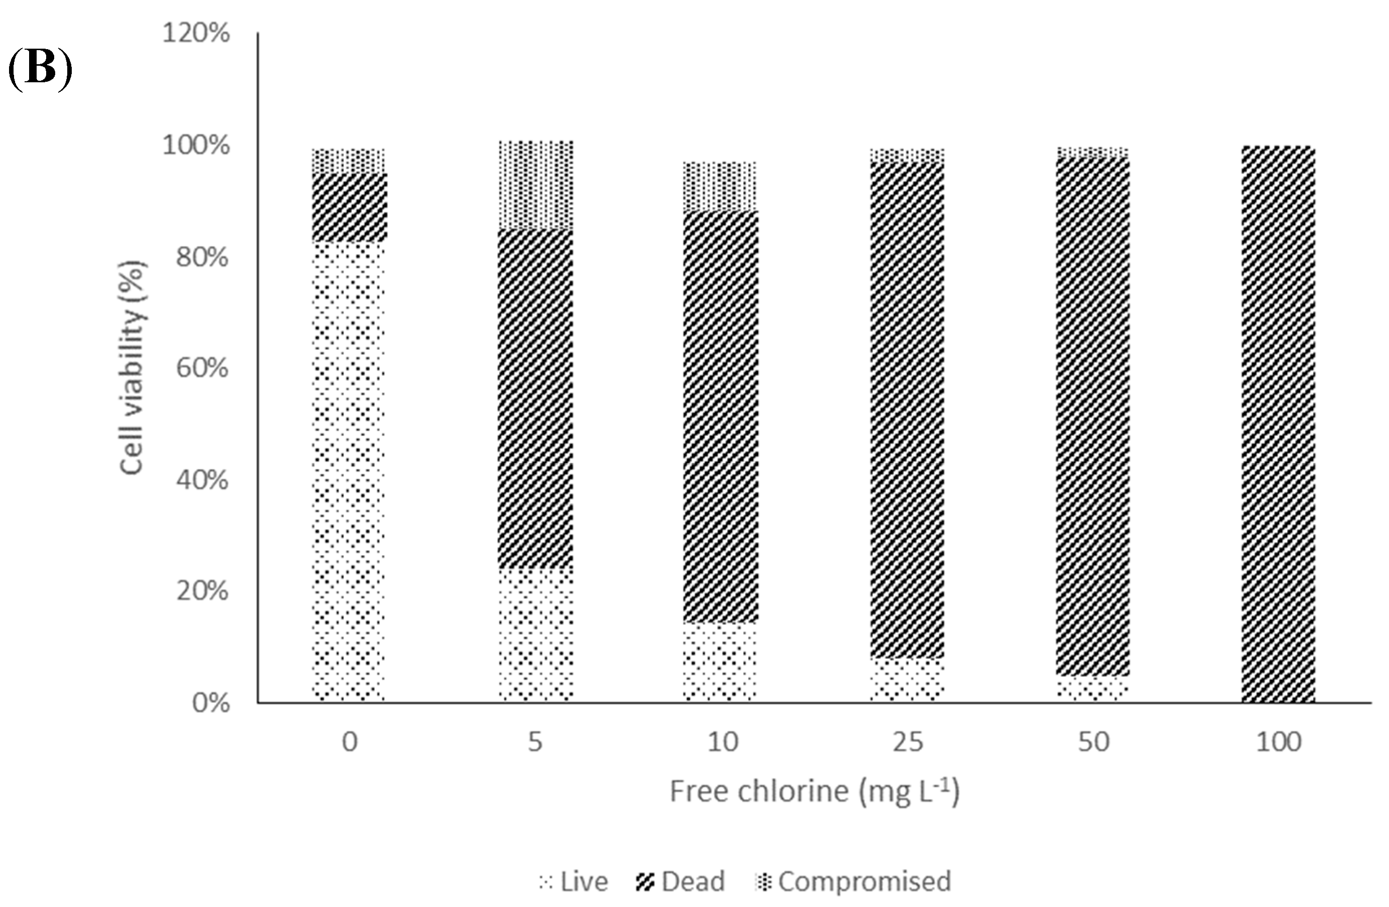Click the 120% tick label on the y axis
(x=196, y=34)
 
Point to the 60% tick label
(x=201, y=369)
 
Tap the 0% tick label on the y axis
(x=210, y=703)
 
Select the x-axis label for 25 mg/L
(x=908, y=742)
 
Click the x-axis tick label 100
(x=1279, y=742)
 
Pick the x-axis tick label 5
(x=534, y=742)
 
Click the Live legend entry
(x=575, y=881)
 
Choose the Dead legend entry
(x=680, y=881)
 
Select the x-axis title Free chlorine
(x=814, y=792)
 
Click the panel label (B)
(x=40, y=70)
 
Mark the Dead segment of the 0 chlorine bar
(x=349, y=207)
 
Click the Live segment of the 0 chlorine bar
(x=349, y=467)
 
